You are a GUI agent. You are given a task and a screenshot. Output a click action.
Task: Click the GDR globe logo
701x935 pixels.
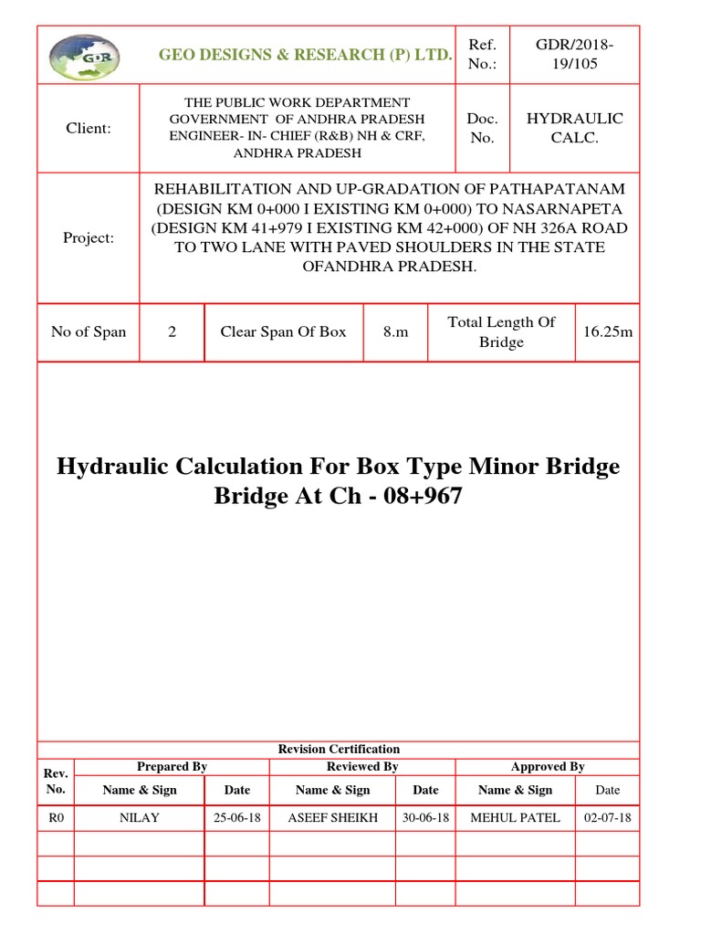coord(88,55)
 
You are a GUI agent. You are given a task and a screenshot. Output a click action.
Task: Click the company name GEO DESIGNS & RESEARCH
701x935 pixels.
coord(305,55)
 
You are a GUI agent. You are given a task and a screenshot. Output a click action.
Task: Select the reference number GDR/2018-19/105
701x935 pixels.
coord(575,55)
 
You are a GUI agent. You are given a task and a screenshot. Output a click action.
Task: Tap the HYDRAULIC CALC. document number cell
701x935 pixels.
coord(575,128)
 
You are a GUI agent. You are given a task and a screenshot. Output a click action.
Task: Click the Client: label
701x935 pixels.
coord(89,128)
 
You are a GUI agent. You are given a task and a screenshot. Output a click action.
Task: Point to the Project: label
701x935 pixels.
coord(89,237)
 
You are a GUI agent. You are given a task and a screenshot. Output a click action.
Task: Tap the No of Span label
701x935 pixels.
coord(89,331)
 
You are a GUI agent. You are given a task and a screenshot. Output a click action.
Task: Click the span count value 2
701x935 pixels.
coord(172,331)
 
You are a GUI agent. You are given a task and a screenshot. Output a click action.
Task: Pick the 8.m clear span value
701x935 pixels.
coord(395,331)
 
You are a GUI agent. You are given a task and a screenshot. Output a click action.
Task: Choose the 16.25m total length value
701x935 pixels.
coord(608,331)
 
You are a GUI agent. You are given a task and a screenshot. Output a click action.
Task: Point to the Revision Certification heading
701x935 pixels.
coord(339,749)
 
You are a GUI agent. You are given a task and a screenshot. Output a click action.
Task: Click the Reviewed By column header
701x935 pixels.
coord(362,767)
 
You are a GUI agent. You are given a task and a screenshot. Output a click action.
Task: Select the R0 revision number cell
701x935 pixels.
coord(55,817)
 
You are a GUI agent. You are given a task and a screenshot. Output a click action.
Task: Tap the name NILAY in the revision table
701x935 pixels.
coord(139,817)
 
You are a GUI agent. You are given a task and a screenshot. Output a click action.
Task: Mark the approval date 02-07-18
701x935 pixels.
coord(607,817)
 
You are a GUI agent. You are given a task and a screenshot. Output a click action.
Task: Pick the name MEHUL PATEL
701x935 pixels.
coord(516,817)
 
